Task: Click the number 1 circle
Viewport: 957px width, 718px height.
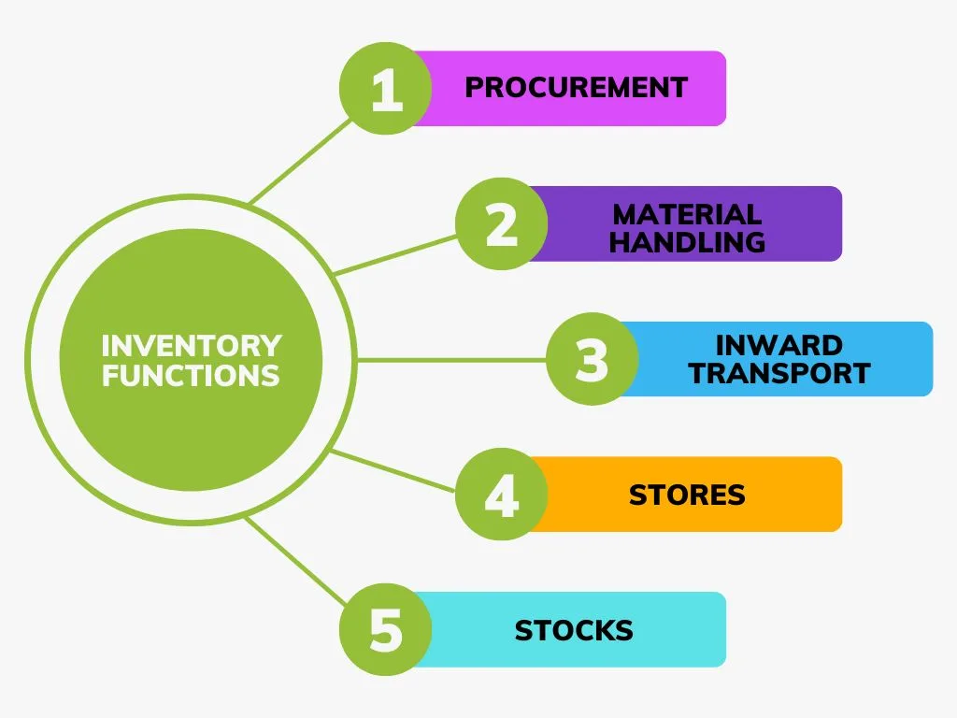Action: point(386,89)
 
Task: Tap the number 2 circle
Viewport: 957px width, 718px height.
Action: point(502,224)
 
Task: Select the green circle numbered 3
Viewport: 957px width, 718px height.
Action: point(592,359)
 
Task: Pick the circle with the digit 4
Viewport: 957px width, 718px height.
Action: point(502,494)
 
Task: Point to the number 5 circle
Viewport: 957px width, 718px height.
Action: point(386,629)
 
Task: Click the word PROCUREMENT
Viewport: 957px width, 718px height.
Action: point(576,88)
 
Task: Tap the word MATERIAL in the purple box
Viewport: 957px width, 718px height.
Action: point(687,215)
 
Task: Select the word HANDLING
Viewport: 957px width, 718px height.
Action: point(687,242)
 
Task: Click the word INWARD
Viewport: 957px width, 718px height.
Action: point(778,346)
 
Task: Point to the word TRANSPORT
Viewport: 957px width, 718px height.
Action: point(778,373)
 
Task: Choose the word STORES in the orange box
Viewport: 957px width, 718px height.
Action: point(687,495)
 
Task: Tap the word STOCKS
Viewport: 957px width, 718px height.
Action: point(574,630)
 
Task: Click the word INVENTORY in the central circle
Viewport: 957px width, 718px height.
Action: point(192,346)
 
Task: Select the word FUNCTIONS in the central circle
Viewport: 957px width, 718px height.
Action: point(191,375)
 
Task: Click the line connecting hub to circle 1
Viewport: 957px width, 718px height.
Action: point(300,161)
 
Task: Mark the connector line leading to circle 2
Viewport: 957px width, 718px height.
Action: point(395,255)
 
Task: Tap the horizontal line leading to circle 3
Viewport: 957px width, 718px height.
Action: point(451,360)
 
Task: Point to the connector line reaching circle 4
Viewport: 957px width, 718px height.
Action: point(393,470)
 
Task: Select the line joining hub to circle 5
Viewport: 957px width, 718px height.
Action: point(296,561)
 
